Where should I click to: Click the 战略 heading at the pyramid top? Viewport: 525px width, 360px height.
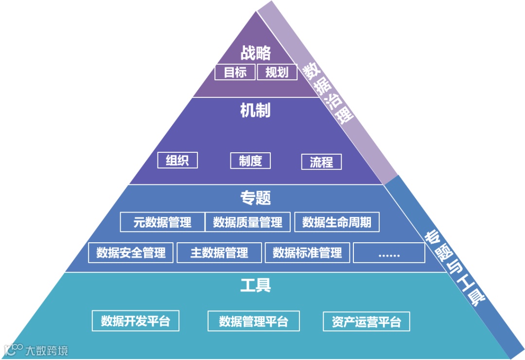pyautogui.click(x=256, y=53)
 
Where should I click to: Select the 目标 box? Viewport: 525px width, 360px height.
pyautogui.click(x=235, y=72)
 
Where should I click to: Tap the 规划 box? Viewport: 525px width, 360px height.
pyautogui.click(x=277, y=72)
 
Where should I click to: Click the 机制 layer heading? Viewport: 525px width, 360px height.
pyautogui.click(x=256, y=110)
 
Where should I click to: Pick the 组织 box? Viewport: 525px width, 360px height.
pyautogui.click(x=177, y=161)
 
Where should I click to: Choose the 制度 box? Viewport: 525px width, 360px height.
pyautogui.click(x=250, y=161)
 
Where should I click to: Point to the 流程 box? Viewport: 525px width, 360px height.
pyautogui.click(x=321, y=162)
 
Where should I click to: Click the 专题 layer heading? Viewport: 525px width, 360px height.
pyautogui.click(x=256, y=198)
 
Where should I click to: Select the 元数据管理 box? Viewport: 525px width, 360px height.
pyautogui.click(x=162, y=222)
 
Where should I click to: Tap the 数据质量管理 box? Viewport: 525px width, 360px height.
pyautogui.click(x=248, y=222)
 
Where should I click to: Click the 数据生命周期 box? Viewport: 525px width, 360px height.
pyautogui.click(x=337, y=222)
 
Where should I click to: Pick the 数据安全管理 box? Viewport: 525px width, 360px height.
pyautogui.click(x=131, y=252)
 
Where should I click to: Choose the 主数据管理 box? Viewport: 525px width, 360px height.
pyautogui.click(x=219, y=252)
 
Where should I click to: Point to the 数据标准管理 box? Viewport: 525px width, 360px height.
pyautogui.click(x=307, y=252)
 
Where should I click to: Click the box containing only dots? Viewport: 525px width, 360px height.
pyautogui.click(x=389, y=252)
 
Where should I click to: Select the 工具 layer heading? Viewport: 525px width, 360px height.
pyautogui.click(x=256, y=285)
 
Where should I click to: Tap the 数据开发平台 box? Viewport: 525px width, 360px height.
pyautogui.click(x=136, y=321)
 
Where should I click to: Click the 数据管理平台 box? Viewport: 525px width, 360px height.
pyautogui.click(x=254, y=321)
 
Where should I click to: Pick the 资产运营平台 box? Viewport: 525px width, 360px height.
pyautogui.click(x=367, y=322)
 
